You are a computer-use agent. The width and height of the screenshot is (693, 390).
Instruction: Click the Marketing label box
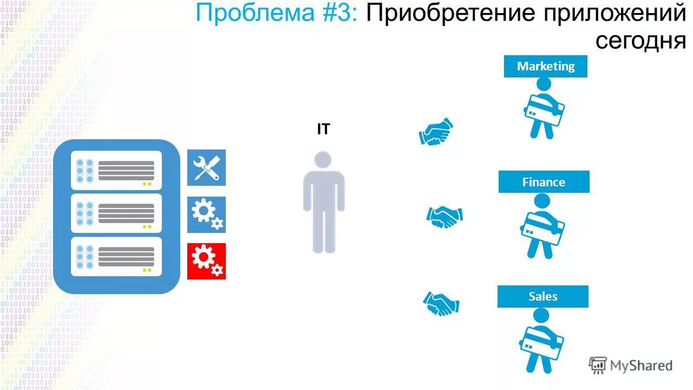(x=545, y=66)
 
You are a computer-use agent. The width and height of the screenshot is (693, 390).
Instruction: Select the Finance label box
(x=544, y=182)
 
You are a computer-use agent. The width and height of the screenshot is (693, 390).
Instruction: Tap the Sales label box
(x=542, y=296)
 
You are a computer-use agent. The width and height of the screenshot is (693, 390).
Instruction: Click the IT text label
(x=323, y=129)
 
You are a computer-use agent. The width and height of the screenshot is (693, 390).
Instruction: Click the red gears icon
(x=206, y=261)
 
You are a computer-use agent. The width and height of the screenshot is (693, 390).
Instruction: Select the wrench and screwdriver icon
(x=206, y=167)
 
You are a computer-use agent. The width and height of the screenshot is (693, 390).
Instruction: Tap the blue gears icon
(x=206, y=214)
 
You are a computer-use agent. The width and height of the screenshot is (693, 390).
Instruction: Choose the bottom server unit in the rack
(x=116, y=256)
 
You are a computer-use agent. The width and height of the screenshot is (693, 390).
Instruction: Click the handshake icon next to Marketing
(x=436, y=132)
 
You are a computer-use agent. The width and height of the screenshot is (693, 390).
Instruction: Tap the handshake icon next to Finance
(x=444, y=217)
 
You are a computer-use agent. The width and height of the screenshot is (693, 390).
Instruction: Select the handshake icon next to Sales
(x=441, y=303)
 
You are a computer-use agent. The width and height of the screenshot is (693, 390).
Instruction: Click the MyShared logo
(x=631, y=366)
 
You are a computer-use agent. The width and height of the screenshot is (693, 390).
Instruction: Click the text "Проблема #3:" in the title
(x=276, y=14)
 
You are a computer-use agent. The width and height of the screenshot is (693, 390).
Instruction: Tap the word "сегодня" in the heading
(x=640, y=40)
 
